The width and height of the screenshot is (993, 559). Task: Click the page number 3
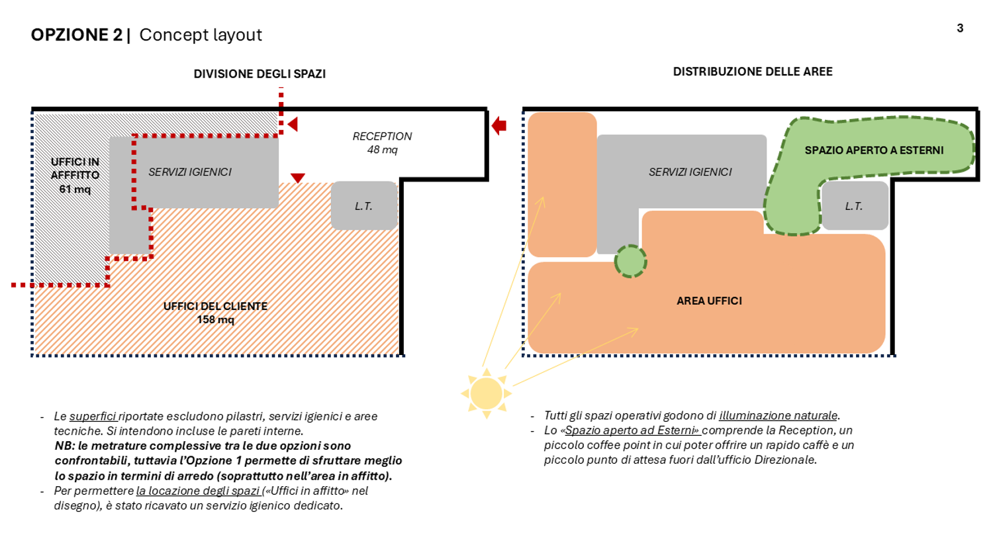click(960, 28)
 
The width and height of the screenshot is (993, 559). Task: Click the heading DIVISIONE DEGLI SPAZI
click(260, 74)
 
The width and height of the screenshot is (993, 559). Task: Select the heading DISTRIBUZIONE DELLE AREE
click(753, 72)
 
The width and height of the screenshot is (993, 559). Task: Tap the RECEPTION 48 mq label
click(382, 143)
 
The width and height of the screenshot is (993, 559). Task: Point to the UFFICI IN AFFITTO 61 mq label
click(75, 176)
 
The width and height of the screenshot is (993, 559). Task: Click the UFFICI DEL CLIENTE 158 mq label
click(215, 313)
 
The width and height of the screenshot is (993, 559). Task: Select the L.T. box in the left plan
click(364, 205)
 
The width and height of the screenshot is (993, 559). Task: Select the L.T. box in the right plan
click(855, 205)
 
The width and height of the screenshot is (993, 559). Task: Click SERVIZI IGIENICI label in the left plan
click(190, 172)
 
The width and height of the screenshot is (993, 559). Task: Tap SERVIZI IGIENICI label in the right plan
click(690, 172)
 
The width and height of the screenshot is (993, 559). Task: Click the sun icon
click(487, 393)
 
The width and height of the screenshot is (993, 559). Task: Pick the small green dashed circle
click(630, 262)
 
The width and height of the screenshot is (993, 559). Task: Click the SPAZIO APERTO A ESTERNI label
click(875, 150)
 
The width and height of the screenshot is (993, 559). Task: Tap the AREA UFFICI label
click(709, 301)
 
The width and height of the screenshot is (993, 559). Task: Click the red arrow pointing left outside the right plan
click(499, 126)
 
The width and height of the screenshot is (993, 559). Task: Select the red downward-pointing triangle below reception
click(297, 178)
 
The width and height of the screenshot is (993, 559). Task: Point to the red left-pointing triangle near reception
click(293, 125)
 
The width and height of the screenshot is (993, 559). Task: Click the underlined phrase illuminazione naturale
click(778, 416)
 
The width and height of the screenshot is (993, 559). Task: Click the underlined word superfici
click(93, 417)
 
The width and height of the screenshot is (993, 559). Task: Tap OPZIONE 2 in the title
click(76, 34)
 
